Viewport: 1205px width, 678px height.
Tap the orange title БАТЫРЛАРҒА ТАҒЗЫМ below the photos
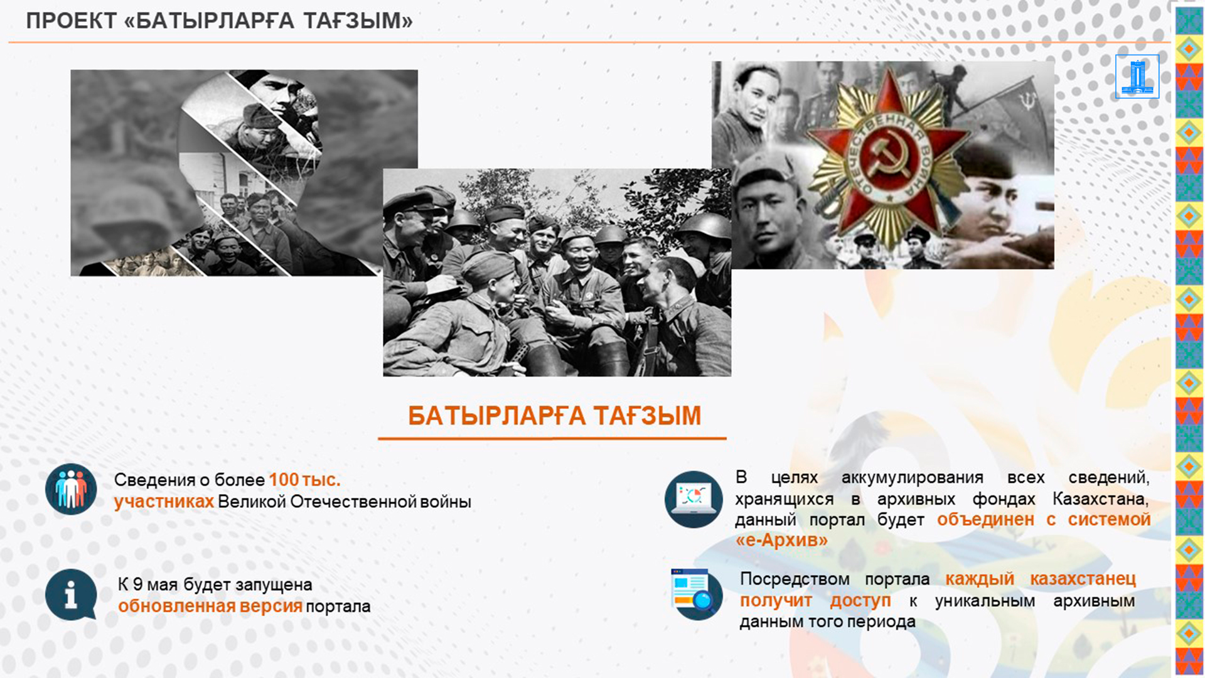tap(554, 416)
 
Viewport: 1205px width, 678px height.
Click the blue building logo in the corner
tap(1137, 77)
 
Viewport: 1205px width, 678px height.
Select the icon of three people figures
tap(71, 489)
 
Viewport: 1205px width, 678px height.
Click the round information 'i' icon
tap(71, 595)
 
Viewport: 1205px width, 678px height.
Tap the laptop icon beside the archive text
tap(693, 499)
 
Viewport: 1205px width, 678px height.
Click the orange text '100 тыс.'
tap(304, 480)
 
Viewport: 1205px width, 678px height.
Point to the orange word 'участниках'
tap(164, 502)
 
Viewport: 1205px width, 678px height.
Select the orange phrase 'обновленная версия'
tap(210, 606)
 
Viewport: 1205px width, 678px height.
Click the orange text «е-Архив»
tap(781, 540)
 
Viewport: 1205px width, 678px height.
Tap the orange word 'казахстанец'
tap(1083, 578)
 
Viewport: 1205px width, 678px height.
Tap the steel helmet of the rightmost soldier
tap(707, 225)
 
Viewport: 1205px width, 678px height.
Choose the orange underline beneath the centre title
tap(552, 438)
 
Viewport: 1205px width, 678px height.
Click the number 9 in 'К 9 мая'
tap(137, 584)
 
